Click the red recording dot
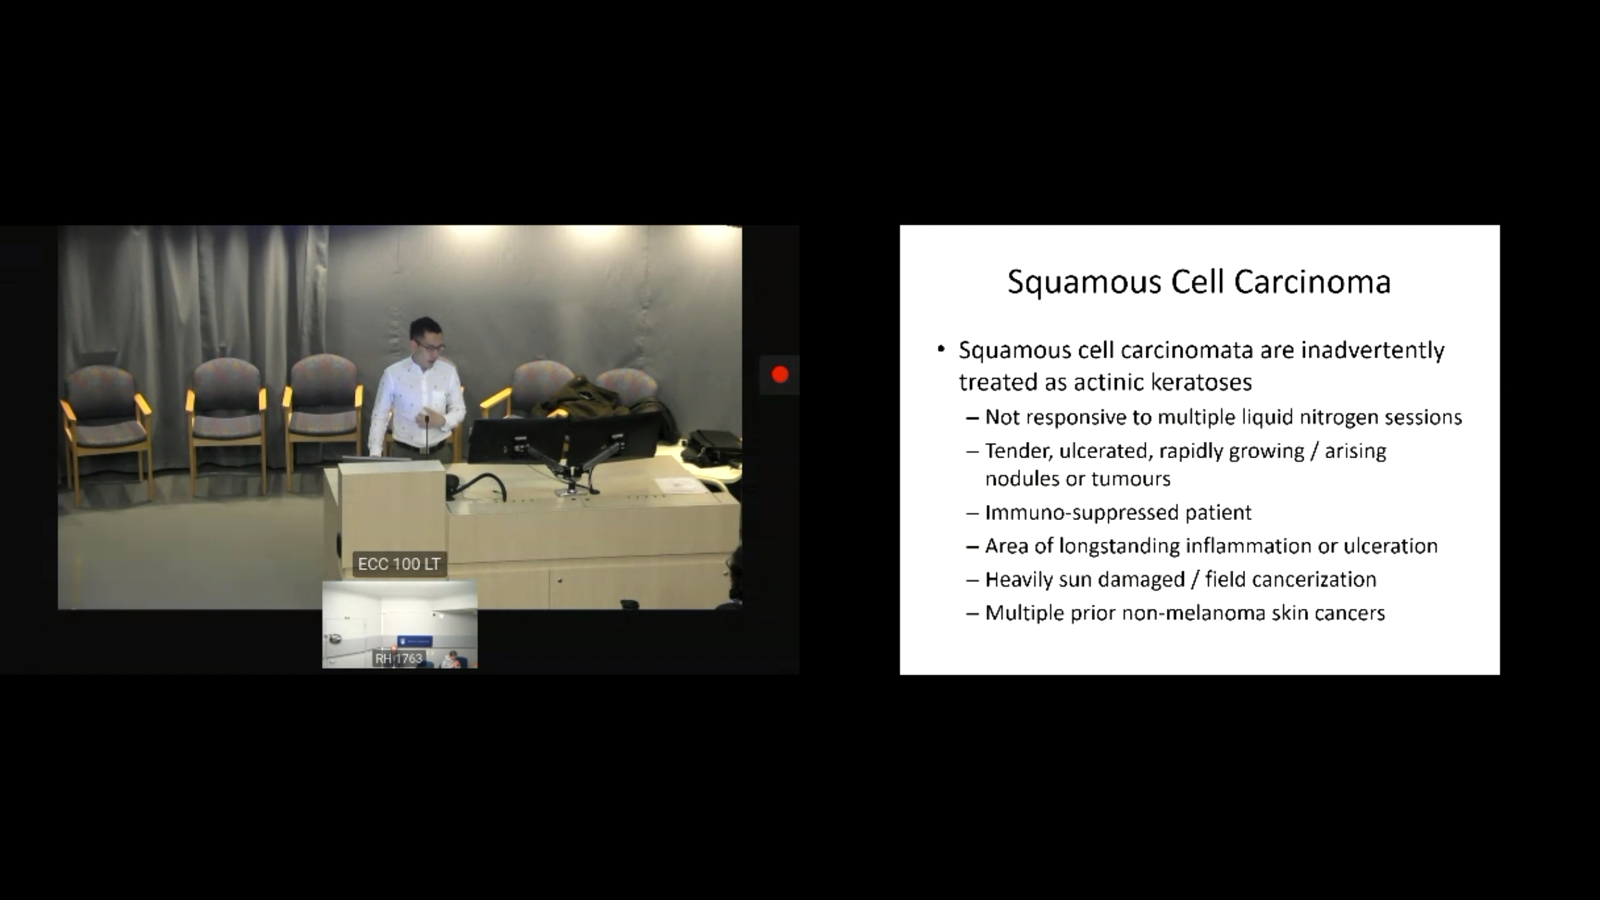(x=780, y=374)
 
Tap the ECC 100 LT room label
(x=399, y=564)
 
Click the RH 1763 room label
(x=399, y=658)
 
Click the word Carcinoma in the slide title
(x=1312, y=282)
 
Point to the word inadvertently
(x=1372, y=351)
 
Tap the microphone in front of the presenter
(x=427, y=434)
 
